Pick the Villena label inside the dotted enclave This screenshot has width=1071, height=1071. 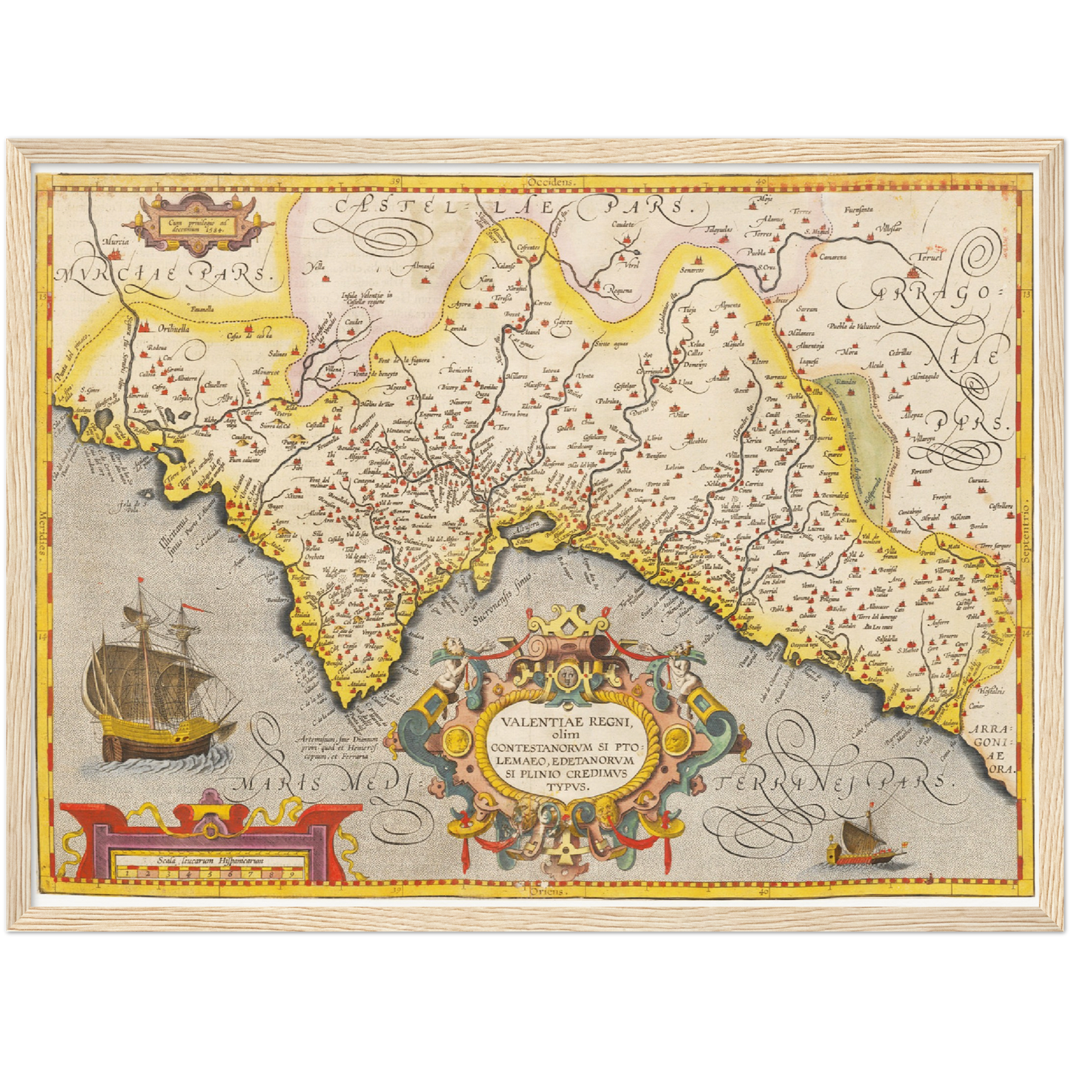click(335, 368)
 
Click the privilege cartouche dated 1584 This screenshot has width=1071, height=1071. click(197, 220)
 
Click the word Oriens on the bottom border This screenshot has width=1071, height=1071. click(547, 892)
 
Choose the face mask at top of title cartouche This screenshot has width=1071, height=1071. click(567, 675)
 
